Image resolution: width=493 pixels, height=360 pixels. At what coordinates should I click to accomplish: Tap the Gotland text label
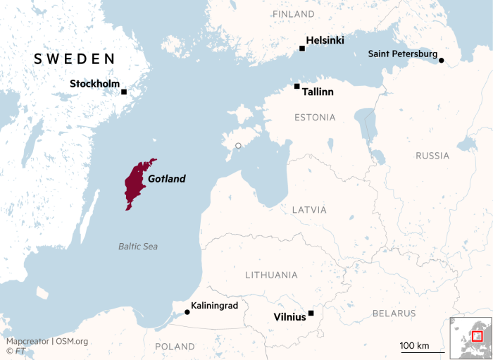[167, 179]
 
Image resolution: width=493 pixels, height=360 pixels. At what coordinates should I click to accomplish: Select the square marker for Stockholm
[124, 92]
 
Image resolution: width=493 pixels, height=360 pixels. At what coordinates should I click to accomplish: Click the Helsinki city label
[325, 40]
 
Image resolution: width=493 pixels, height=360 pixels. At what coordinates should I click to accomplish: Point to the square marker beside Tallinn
[297, 87]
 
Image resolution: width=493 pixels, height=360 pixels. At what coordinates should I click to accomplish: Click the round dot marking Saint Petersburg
[442, 61]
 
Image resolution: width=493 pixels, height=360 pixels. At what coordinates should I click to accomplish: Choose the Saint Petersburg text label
[402, 54]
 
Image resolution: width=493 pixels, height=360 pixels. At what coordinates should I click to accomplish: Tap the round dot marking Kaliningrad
[187, 311]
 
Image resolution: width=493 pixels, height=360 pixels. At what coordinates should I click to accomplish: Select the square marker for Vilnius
[311, 313]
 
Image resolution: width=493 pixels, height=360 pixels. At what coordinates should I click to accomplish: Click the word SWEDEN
[74, 58]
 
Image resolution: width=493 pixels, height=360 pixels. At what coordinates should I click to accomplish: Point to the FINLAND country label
[294, 14]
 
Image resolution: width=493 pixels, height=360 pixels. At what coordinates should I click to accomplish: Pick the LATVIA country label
[309, 209]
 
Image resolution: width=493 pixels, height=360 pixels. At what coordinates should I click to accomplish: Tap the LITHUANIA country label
[272, 274]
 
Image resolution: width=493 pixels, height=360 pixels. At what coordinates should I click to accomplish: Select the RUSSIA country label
[432, 156]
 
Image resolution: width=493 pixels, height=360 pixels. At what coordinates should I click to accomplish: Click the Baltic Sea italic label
[138, 246]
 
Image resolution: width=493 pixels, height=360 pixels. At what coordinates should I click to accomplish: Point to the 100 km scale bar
[422, 351]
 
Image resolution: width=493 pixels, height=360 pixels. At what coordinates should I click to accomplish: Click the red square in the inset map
[477, 336]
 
